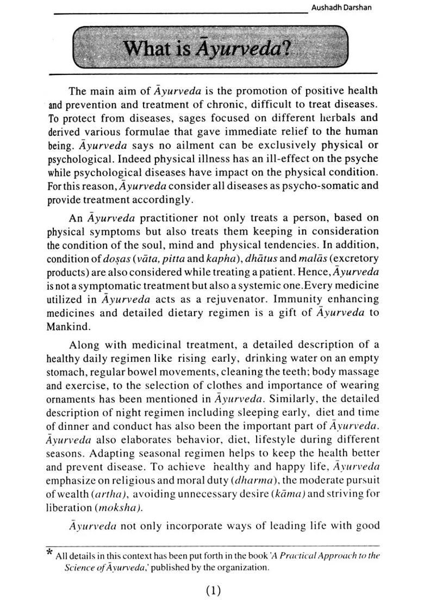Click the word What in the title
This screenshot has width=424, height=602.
pos(144,50)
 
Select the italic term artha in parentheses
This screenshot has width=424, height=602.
pos(110,493)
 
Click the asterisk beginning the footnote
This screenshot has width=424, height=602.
pos(49,553)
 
